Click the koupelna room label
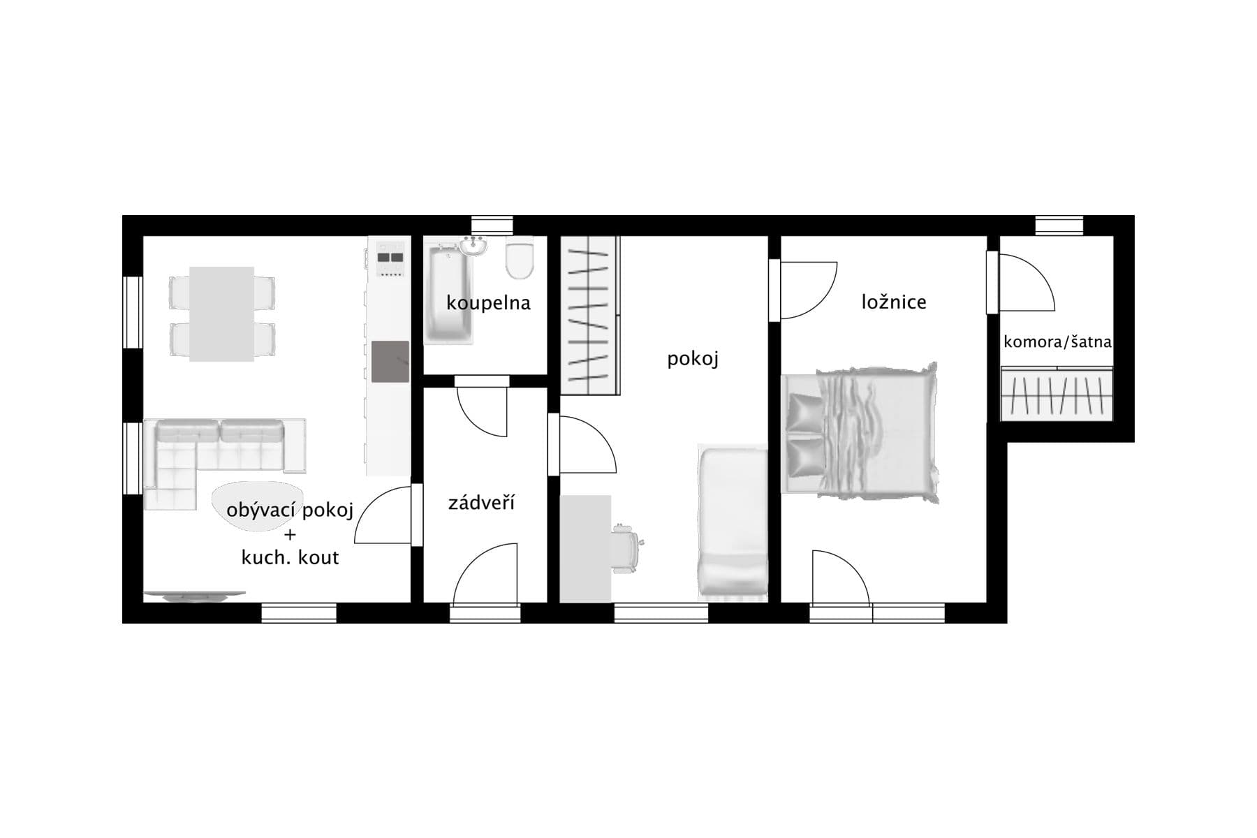488,303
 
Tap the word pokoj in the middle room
692,359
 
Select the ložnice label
893,302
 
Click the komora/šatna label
1057,342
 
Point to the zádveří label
481,503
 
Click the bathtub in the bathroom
450,295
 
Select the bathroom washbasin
475,246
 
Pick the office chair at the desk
626,548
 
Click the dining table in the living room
221,314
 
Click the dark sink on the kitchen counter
390,362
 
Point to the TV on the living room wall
194,596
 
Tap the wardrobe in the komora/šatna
1057,395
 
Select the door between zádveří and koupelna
482,409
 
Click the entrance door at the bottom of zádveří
485,576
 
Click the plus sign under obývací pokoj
290,536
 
